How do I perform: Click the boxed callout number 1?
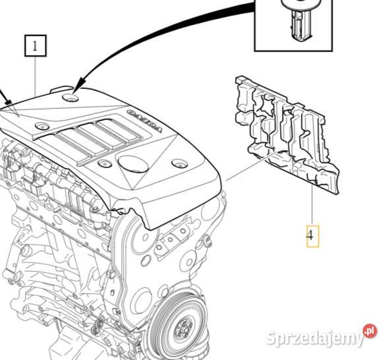tap(35, 45)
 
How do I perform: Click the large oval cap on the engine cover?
tap(133, 163)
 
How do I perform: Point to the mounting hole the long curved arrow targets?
tap(71, 98)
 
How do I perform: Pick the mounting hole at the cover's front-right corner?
tap(180, 163)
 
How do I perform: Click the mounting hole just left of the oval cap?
tap(103, 162)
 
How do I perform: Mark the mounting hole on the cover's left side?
tap(43, 125)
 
